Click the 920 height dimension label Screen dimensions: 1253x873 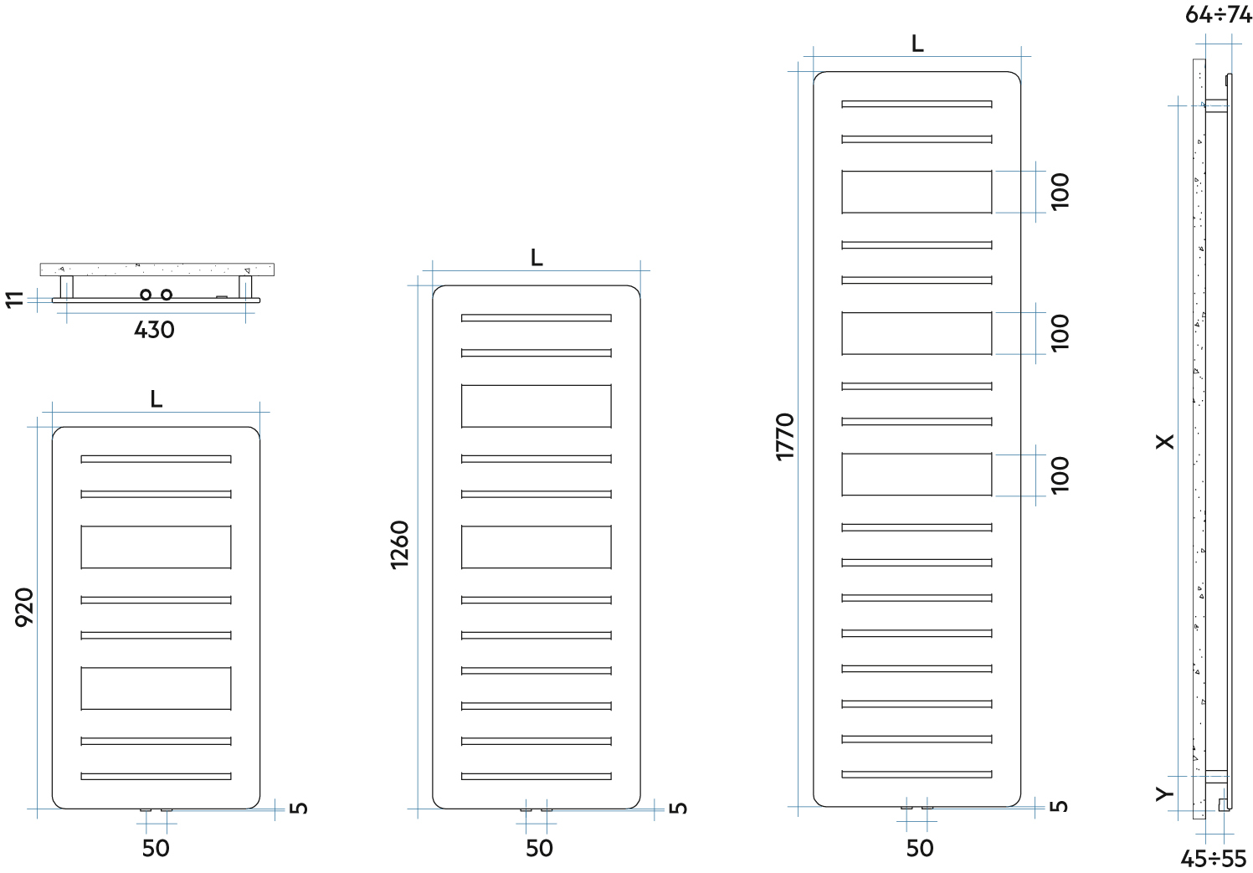pos(25,606)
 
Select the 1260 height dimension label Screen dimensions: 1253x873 pos(399,544)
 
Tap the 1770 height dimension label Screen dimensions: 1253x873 pos(784,436)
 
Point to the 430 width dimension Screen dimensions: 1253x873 pos(154,330)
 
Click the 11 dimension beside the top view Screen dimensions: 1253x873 pos(15,299)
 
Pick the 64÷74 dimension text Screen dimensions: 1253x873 pos(1218,14)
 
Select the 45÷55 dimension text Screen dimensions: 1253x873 pos(1213,859)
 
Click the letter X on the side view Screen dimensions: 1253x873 pos(1165,441)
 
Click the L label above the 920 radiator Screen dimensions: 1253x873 pos(157,399)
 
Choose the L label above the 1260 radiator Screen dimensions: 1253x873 pos(537,258)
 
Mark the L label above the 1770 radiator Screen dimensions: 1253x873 pos(917,44)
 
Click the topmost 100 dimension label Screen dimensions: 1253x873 pos(1060,192)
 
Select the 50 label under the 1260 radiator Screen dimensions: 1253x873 pos(539,848)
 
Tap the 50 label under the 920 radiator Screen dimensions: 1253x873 pos(156,848)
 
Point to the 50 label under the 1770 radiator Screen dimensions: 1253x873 pos(919,848)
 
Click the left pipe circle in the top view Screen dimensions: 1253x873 pos(146,295)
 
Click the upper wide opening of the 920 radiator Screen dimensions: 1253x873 pos(156,547)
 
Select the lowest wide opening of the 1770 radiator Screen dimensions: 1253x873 pos(917,474)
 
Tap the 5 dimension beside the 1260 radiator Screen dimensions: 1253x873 pos(678,807)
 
